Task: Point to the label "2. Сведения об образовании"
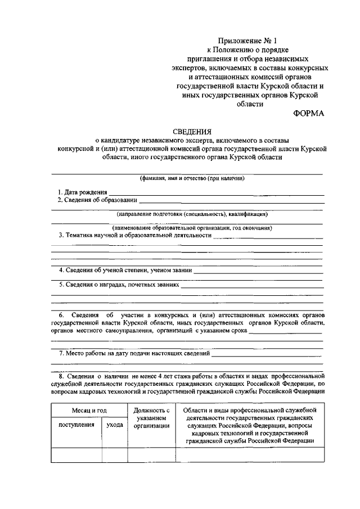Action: click(x=97, y=200)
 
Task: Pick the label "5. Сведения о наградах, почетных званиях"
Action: click(x=119, y=285)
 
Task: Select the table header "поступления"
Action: click(x=76, y=425)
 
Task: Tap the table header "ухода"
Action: click(x=114, y=425)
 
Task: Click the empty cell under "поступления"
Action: click(x=76, y=454)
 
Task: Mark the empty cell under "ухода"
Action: click(x=114, y=454)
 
